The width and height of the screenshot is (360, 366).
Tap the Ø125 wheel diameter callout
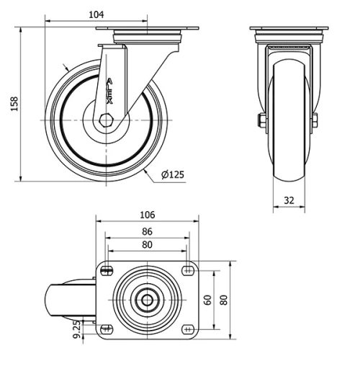coord(173,174)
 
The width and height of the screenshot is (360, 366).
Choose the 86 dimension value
coord(146,231)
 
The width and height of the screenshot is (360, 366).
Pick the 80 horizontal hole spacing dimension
coord(146,245)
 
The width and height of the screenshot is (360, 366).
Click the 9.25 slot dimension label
coord(77,329)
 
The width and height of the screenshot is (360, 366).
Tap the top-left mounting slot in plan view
coord(107,271)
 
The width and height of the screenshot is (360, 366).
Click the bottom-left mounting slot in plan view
coord(107,329)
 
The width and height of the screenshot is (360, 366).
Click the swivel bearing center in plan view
coord(147,300)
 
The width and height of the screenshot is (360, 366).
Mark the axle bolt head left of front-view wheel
coord(259,120)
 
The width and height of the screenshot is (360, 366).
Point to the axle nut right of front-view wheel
coord(315,120)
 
